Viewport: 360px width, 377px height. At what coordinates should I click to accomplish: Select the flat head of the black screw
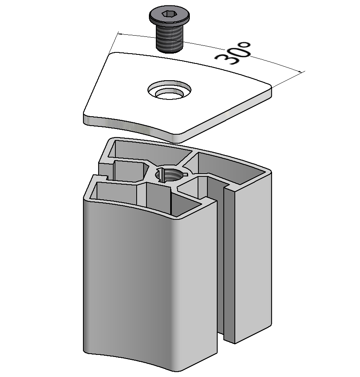[169, 16]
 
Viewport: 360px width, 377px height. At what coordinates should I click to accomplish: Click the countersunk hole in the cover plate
[169, 90]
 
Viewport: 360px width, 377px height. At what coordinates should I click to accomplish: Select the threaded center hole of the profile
[171, 175]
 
